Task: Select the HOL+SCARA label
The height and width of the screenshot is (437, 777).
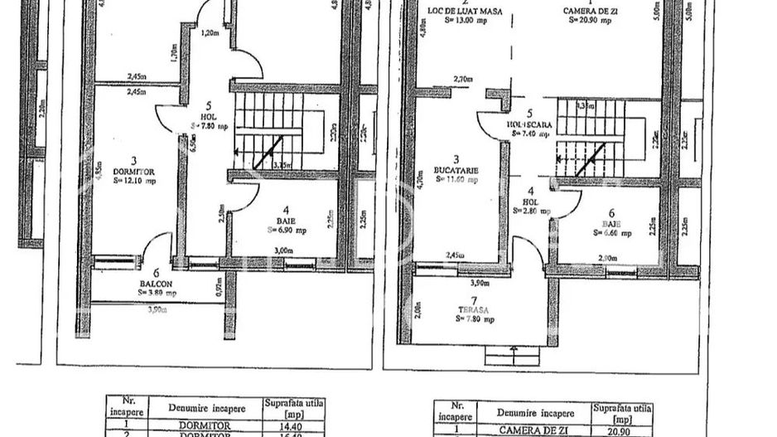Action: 525,125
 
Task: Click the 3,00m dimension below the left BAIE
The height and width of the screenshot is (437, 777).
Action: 283,249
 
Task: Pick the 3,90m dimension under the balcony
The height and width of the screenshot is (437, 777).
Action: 156,310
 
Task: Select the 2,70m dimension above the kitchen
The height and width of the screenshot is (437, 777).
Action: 462,80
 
